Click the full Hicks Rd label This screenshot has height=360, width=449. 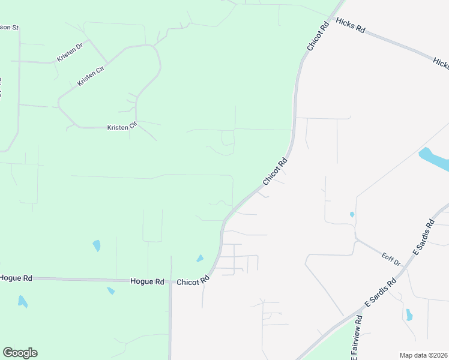pos(351,28)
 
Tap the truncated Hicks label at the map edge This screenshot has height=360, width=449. pos(441,62)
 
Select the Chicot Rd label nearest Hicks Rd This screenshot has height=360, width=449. pos(318,37)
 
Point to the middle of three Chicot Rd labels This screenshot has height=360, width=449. pos(275,172)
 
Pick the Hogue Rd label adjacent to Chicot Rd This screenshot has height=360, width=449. pos(147,281)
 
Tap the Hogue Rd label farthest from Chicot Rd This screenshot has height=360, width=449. pos(16,278)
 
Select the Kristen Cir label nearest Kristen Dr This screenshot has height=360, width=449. pos(91,76)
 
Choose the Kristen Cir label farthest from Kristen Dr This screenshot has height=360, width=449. pos(122,127)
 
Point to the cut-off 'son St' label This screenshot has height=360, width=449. pos(10,28)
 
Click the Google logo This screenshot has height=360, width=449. pos(20,353)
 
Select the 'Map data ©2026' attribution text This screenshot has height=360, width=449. pos(423,355)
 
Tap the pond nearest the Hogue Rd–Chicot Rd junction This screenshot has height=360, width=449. pos(200,259)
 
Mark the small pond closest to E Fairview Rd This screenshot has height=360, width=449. pos(409,314)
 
